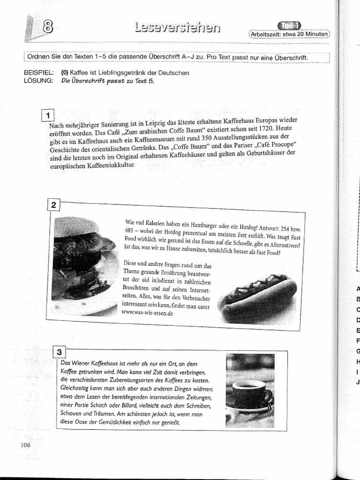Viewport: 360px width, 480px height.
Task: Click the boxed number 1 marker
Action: (x=48, y=115)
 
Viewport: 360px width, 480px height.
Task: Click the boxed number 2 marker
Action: (x=54, y=205)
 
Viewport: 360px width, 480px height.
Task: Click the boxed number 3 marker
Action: (x=60, y=352)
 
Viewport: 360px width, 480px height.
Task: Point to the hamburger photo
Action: (x=84, y=265)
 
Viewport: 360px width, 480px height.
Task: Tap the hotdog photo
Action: (x=257, y=297)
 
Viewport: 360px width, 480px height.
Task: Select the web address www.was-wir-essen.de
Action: (x=147, y=314)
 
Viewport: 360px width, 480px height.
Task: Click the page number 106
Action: (x=25, y=445)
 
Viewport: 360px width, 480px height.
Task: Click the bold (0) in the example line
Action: (x=65, y=73)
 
